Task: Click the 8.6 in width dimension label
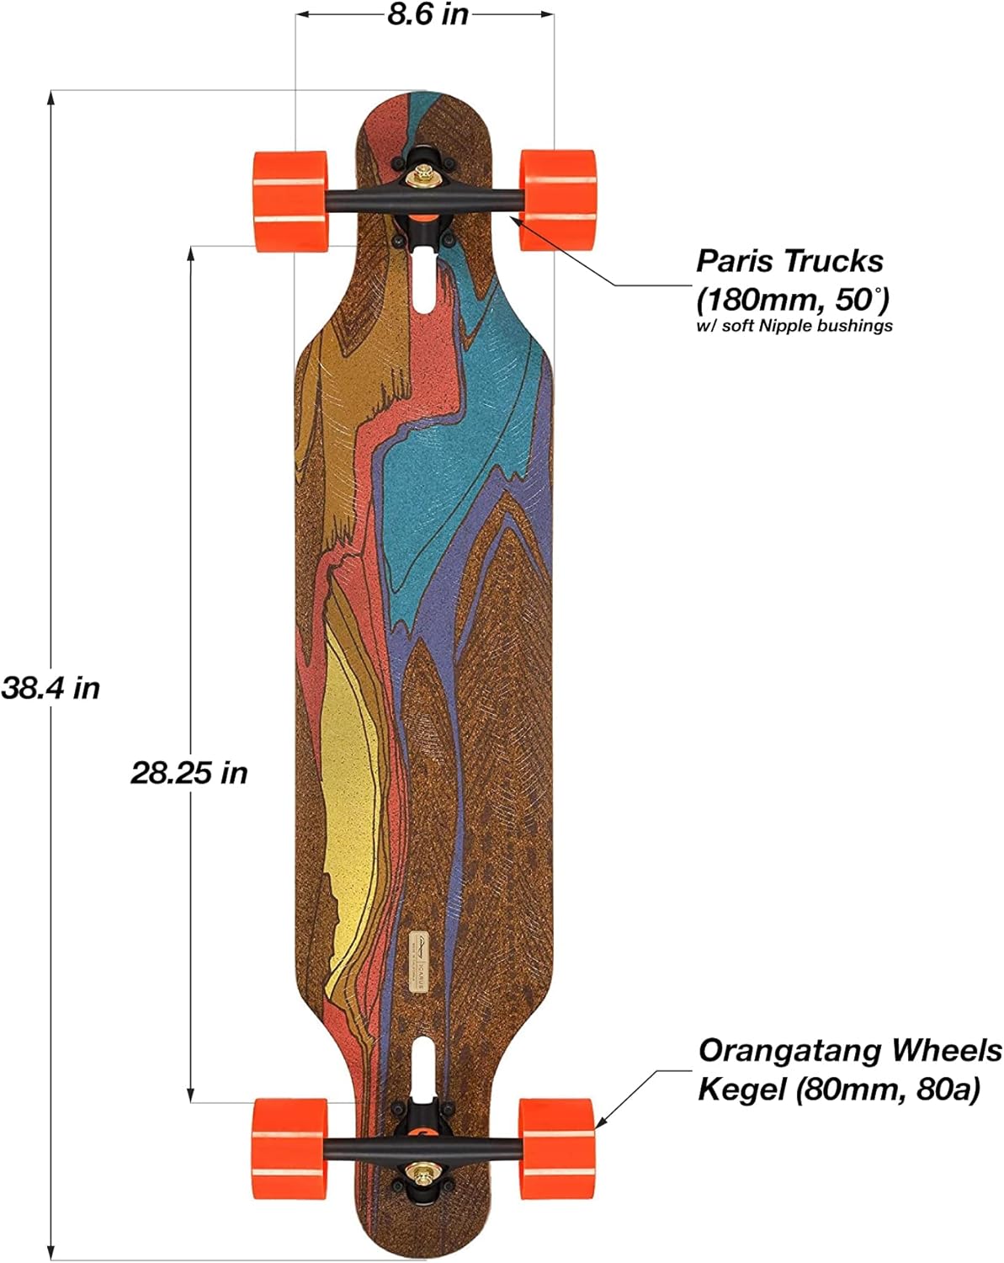point(428,15)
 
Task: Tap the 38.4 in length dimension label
point(50,688)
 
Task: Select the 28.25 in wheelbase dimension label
point(189,772)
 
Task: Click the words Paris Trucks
point(789,261)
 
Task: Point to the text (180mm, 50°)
point(792,299)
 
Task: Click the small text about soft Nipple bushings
point(794,326)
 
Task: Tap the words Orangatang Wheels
point(850,1051)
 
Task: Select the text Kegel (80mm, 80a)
point(839,1090)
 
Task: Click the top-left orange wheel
point(290,200)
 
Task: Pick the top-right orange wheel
point(557,200)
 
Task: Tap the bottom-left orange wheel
point(290,1146)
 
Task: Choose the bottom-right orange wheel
point(556,1146)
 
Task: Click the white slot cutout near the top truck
point(426,281)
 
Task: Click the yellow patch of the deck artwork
point(349,808)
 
